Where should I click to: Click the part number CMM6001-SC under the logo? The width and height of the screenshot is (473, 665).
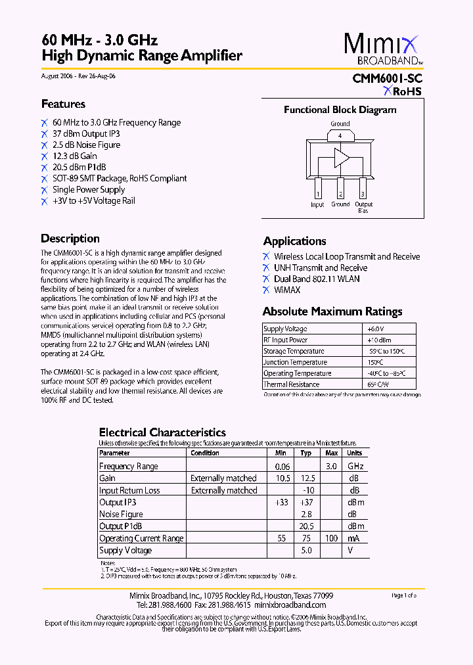pyautogui.click(x=387, y=78)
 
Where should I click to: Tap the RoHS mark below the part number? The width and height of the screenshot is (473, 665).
pyautogui.click(x=403, y=92)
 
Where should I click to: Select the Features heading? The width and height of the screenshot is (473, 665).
pyautogui.click(x=63, y=104)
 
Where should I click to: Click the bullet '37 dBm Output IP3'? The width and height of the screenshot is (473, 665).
pyautogui.click(x=86, y=133)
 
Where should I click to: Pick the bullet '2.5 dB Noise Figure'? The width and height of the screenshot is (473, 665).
pyautogui.click(x=86, y=145)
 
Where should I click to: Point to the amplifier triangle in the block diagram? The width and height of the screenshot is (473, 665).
pyautogui.click(x=342, y=158)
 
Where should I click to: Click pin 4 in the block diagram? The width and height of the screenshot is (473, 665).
pyautogui.click(x=340, y=136)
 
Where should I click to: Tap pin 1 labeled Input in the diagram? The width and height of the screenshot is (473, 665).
pyautogui.click(x=317, y=195)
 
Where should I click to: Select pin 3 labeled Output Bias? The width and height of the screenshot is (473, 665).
pyautogui.click(x=363, y=195)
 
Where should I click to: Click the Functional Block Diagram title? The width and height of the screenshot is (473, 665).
pyautogui.click(x=340, y=110)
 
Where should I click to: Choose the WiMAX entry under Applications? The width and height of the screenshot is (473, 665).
pyautogui.click(x=286, y=290)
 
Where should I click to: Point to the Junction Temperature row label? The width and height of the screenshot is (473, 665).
pyautogui.click(x=295, y=362)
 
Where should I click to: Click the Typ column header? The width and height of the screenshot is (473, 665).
pyautogui.click(x=305, y=453)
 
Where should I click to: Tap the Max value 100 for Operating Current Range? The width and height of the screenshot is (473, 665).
pyautogui.click(x=332, y=538)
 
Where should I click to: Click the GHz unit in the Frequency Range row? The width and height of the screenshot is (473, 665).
pyautogui.click(x=355, y=466)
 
